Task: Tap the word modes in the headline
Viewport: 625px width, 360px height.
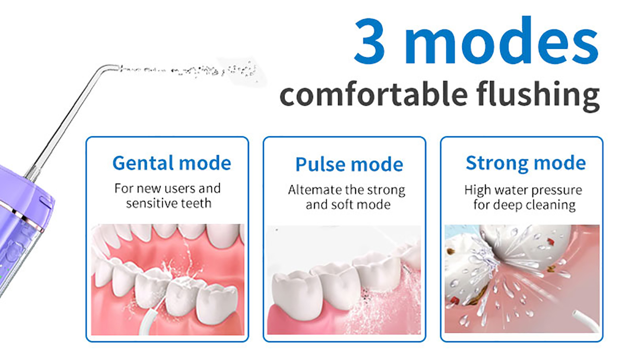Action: [502, 40]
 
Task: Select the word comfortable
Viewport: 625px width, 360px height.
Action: [373, 93]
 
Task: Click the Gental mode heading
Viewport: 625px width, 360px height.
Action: [171, 163]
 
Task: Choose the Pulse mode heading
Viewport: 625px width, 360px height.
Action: [349, 164]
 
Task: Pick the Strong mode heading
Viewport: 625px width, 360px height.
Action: [526, 163]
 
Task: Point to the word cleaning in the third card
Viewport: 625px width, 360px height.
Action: [549, 205]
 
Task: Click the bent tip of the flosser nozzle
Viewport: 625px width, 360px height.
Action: [110, 67]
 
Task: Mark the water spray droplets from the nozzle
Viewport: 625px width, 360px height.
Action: [190, 71]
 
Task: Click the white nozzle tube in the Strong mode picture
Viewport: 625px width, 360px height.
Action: [585, 321]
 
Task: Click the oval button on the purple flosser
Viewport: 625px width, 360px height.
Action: [46, 202]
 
